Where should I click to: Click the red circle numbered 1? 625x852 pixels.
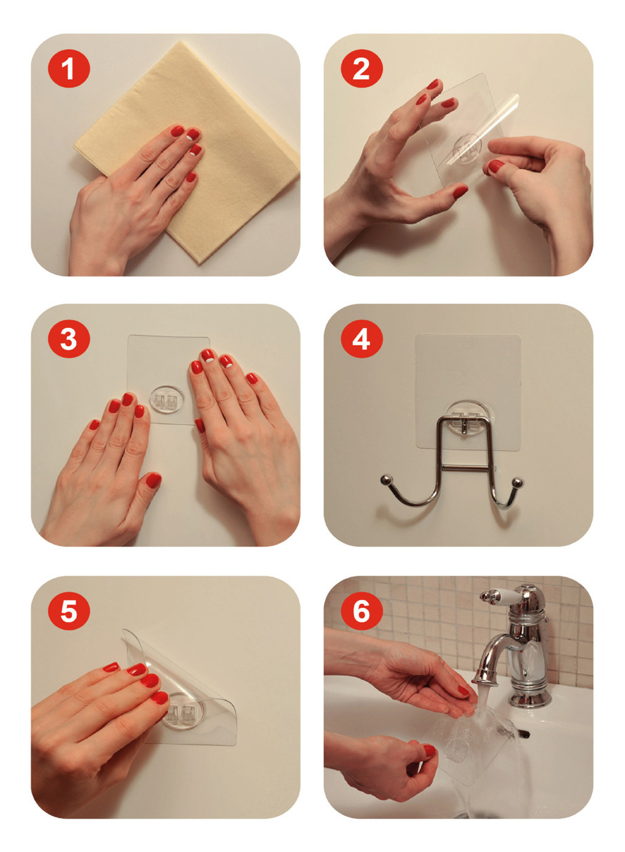69,68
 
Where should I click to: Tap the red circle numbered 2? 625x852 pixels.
361,68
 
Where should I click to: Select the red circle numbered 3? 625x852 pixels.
69,338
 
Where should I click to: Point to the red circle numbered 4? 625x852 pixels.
361,338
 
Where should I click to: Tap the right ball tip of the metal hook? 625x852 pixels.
517,482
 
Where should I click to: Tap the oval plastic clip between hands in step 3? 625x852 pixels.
167,399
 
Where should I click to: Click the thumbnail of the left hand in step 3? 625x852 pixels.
153,480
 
